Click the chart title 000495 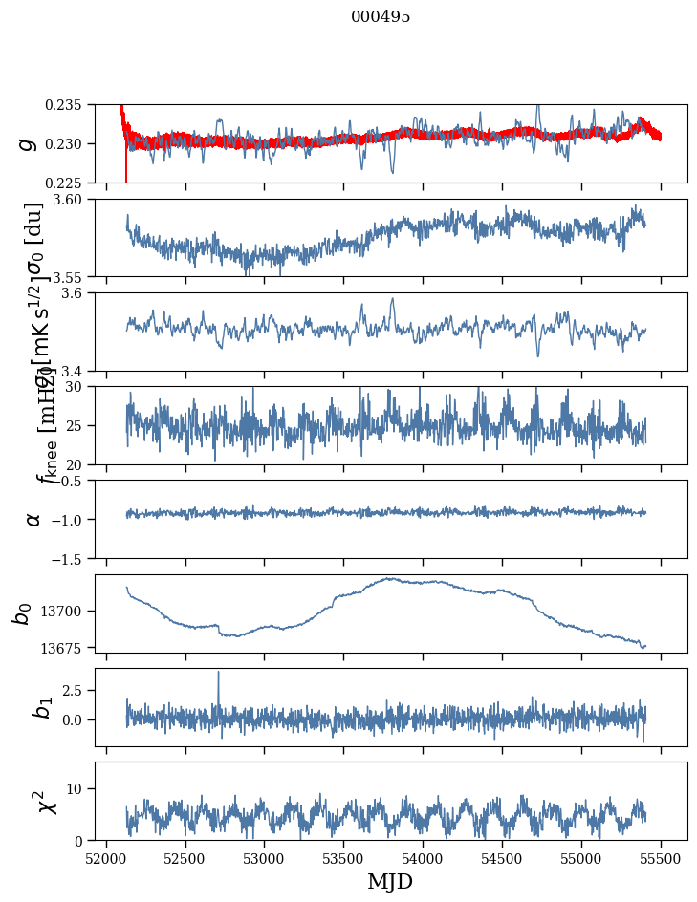click(x=381, y=17)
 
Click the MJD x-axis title click(x=390, y=882)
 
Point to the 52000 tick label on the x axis click(x=106, y=858)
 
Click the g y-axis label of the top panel click(x=29, y=143)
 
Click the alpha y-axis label click(x=33, y=519)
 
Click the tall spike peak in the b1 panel click(x=218, y=672)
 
